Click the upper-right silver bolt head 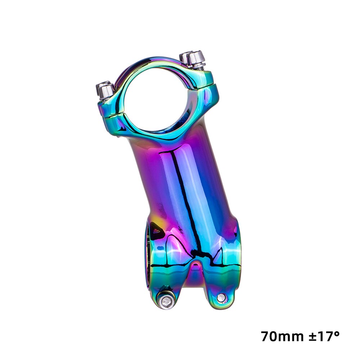193,57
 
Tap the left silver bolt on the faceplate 105,90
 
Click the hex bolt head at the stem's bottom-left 166,301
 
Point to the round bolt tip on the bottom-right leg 221,297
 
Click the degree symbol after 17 336,333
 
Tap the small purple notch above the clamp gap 195,266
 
